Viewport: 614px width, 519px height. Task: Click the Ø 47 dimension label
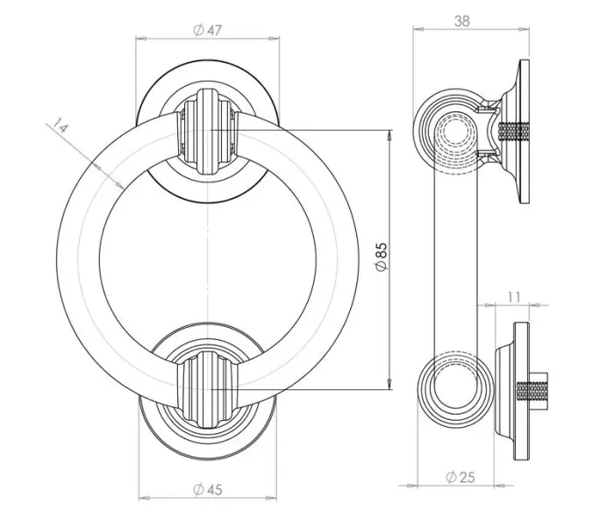(x=208, y=30)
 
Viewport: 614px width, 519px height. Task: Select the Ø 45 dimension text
(x=208, y=489)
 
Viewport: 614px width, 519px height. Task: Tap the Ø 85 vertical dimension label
(x=381, y=257)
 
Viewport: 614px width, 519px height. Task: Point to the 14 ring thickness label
(x=61, y=125)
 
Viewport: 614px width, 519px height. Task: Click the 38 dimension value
(x=462, y=21)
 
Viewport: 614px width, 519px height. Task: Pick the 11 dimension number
(x=514, y=297)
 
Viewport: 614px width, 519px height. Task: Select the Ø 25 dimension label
(x=460, y=477)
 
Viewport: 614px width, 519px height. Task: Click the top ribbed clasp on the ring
(x=207, y=132)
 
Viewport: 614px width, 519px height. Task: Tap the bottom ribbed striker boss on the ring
(x=207, y=390)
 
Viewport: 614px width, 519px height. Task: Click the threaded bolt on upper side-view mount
(x=514, y=132)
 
